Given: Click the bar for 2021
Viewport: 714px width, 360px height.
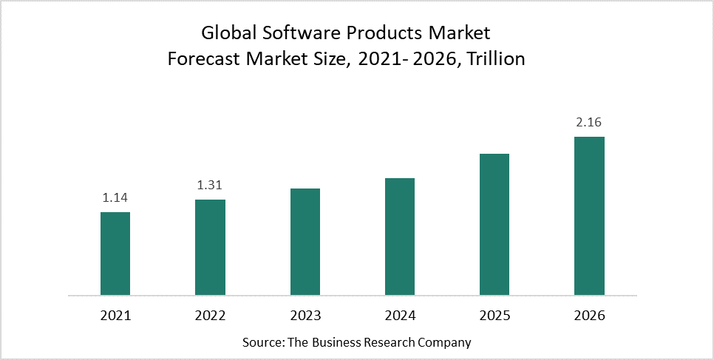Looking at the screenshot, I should click(x=115, y=254).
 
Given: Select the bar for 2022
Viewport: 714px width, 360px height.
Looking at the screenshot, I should click(x=210, y=248).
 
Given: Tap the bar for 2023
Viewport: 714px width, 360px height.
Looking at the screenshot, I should click(x=305, y=242).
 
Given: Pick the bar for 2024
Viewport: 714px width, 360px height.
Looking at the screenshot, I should click(x=400, y=237).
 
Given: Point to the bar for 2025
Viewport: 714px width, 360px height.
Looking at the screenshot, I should click(x=494, y=225).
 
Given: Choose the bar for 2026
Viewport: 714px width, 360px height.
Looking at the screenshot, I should click(x=590, y=216).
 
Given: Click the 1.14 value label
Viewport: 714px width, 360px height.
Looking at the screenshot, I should click(x=115, y=197).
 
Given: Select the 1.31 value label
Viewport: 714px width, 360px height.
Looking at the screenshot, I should click(x=210, y=185).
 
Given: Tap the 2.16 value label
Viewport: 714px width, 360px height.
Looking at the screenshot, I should click(x=590, y=122).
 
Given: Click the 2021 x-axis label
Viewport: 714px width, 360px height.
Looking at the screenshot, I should click(x=115, y=316).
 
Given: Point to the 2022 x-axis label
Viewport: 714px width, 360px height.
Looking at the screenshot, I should click(x=210, y=316).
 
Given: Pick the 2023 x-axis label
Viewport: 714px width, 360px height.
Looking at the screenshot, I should click(x=305, y=316).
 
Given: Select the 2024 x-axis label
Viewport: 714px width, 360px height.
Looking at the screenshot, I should click(x=400, y=316).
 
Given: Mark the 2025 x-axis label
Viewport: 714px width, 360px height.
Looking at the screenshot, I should click(x=494, y=316).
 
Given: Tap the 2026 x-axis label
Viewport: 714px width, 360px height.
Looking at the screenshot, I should click(x=590, y=316).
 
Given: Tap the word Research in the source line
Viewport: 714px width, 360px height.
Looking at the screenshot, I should click(x=392, y=343).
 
